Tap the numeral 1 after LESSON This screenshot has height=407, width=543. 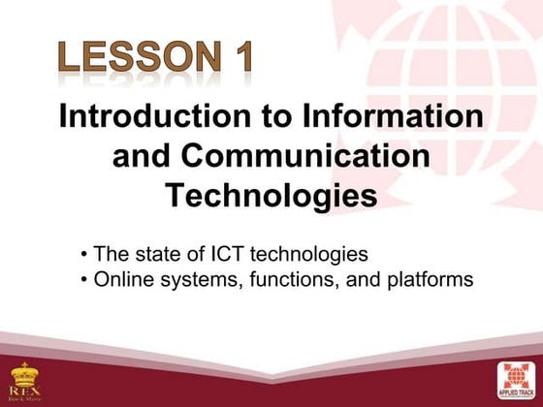pyautogui.click(x=241, y=59)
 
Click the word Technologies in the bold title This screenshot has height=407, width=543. pyautogui.click(x=271, y=195)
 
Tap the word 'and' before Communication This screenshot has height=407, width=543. pyautogui.click(x=143, y=156)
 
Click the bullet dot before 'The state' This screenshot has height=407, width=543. pyautogui.click(x=85, y=256)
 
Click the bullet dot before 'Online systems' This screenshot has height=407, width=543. pyautogui.click(x=85, y=281)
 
